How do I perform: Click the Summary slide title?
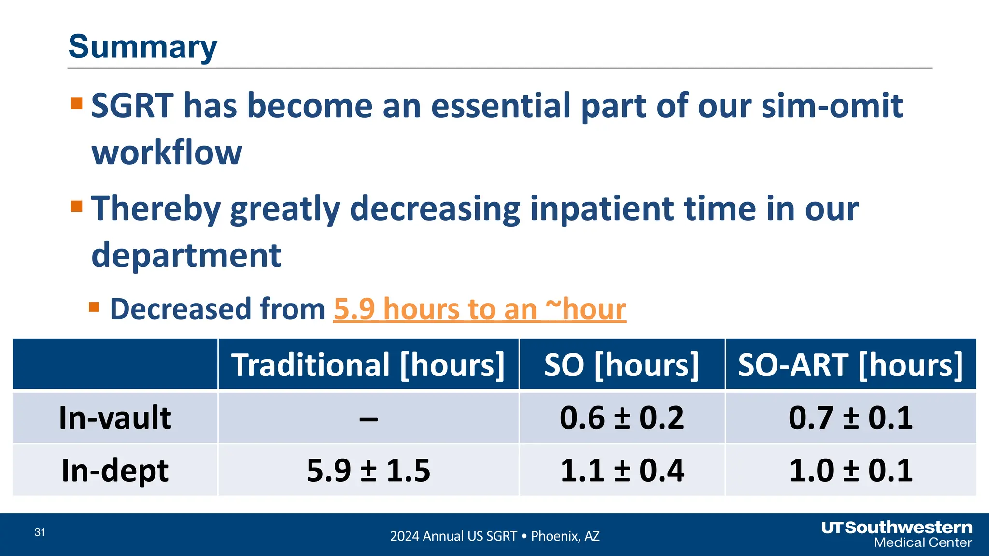click(x=142, y=47)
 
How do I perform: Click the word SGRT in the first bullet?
click(x=132, y=106)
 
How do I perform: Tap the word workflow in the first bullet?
click(x=167, y=153)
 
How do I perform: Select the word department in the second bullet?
click(x=186, y=255)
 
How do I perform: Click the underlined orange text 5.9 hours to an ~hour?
click(x=480, y=309)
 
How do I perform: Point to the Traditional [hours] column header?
click(x=368, y=365)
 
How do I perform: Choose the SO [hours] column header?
click(x=622, y=365)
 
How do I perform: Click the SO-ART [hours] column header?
click(x=850, y=365)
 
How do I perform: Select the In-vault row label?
click(x=115, y=418)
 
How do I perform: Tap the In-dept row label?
click(x=115, y=471)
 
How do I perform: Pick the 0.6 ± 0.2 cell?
click(x=622, y=418)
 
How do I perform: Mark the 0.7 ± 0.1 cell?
click(x=850, y=418)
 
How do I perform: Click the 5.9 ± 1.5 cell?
click(x=368, y=471)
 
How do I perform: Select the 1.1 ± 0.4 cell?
click(x=622, y=471)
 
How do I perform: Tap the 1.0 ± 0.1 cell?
click(x=850, y=471)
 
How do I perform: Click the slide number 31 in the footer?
click(x=40, y=532)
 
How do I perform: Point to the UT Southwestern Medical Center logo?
click(x=897, y=534)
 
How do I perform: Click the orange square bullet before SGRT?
click(x=77, y=103)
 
